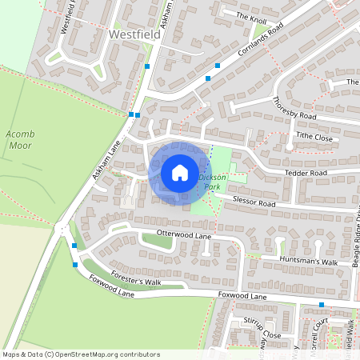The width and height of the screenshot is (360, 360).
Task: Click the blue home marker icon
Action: click(x=179, y=173)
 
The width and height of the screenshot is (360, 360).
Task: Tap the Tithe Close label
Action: click(x=314, y=137)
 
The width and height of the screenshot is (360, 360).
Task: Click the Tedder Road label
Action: click(x=306, y=173)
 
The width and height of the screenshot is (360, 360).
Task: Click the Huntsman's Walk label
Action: click(x=309, y=262)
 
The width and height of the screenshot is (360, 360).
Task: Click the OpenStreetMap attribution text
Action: click(x=80, y=354)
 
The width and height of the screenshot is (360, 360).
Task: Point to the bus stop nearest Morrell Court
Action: click(x=322, y=305)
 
